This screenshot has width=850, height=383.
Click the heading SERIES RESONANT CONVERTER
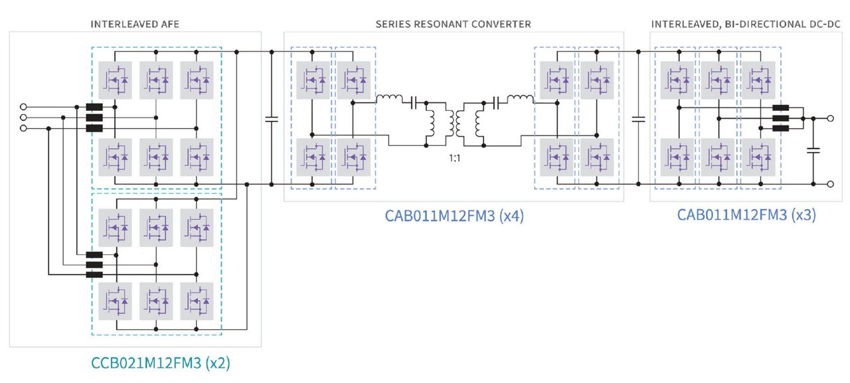click(x=453, y=25)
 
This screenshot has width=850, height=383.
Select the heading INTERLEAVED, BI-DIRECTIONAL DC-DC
click(x=746, y=25)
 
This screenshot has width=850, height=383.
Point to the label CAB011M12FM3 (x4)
click(x=454, y=216)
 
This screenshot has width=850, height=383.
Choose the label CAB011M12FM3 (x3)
click(x=746, y=215)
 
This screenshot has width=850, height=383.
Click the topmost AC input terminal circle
click(x=25, y=106)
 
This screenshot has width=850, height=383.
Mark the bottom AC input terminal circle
click(x=25, y=128)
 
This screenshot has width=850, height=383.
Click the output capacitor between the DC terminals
click(x=813, y=151)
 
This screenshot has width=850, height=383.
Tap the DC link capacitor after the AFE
click(x=272, y=119)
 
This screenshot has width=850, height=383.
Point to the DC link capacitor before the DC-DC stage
click(x=638, y=119)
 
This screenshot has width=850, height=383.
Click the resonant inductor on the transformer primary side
click(x=389, y=100)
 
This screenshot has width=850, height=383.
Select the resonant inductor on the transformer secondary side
click(x=519, y=100)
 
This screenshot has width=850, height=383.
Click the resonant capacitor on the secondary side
click(x=495, y=103)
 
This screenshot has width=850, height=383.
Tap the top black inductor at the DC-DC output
click(x=780, y=108)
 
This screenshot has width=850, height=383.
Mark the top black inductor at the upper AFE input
click(x=94, y=106)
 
